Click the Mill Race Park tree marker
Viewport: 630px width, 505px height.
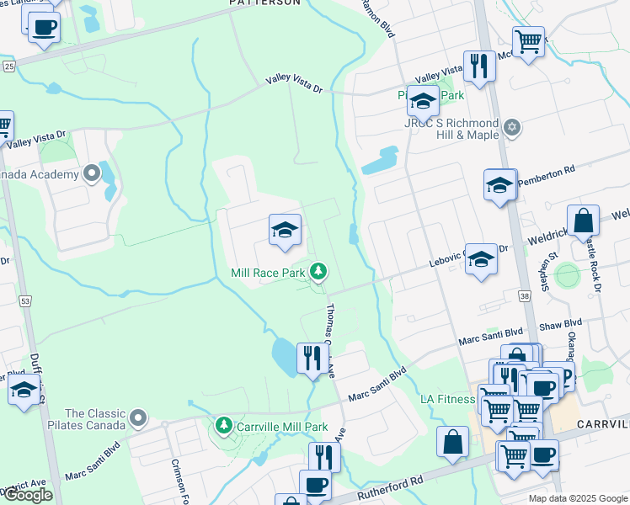coord(318,271)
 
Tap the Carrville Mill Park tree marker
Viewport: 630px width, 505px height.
coord(223,426)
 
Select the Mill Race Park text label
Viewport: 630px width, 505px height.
coord(269,273)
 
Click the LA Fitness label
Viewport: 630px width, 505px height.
coord(447,399)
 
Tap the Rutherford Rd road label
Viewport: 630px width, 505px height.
coord(389,484)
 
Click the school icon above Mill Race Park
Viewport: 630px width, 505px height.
coord(286,230)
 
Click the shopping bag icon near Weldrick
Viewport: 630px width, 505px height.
coord(583,221)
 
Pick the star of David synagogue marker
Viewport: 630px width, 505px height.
coord(511,128)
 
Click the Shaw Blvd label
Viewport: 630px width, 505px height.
coord(561,323)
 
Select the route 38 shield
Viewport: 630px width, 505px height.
coord(525,296)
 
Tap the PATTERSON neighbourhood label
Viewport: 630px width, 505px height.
coord(264,3)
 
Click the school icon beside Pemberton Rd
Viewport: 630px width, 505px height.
coord(499,185)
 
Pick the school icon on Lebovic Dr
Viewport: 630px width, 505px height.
coord(482,258)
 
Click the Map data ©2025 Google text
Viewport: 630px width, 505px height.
coord(578,498)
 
